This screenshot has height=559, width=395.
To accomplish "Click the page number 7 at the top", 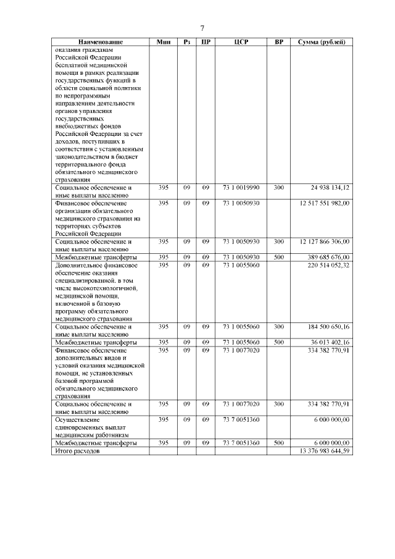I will pyautogui.click(x=202, y=28).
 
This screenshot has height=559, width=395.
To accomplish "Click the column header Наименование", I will pyautogui.click(x=99, y=42).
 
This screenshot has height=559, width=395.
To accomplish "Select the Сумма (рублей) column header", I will pyautogui.click(x=322, y=42).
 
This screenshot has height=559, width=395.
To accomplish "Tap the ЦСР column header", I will pyautogui.click(x=241, y=42).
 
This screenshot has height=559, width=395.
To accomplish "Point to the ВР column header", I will pyautogui.click(x=279, y=42).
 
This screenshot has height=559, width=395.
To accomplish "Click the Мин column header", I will pyautogui.click(x=163, y=42).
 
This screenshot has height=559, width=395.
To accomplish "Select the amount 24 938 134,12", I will pyautogui.click(x=328, y=187).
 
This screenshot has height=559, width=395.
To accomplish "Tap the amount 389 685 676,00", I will pyautogui.click(x=326, y=257).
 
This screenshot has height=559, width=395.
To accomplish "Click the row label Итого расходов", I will pyautogui.click(x=77, y=452).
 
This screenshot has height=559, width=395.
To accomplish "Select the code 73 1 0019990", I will pyautogui.click(x=241, y=187).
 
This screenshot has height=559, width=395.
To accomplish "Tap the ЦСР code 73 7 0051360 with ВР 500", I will pyautogui.click(x=241, y=443).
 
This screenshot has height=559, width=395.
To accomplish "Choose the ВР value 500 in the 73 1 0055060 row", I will pyautogui.click(x=279, y=342).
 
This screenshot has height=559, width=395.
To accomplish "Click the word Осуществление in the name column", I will pyautogui.click(x=77, y=420).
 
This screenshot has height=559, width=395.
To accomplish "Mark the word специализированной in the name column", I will pyautogui.click(x=86, y=280).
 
